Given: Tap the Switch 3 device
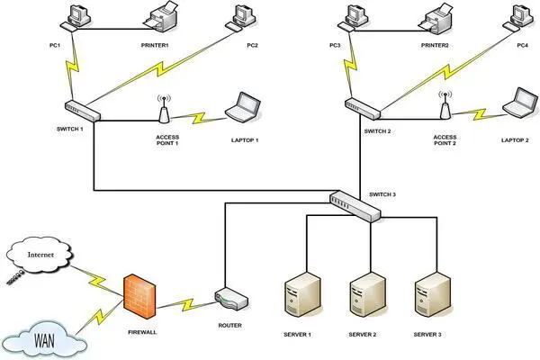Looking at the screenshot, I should click(355, 206).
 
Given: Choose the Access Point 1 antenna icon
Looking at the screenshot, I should click(164, 109).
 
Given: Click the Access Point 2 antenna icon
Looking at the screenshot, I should click(444, 109).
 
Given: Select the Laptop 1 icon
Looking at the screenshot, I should click(243, 107).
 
